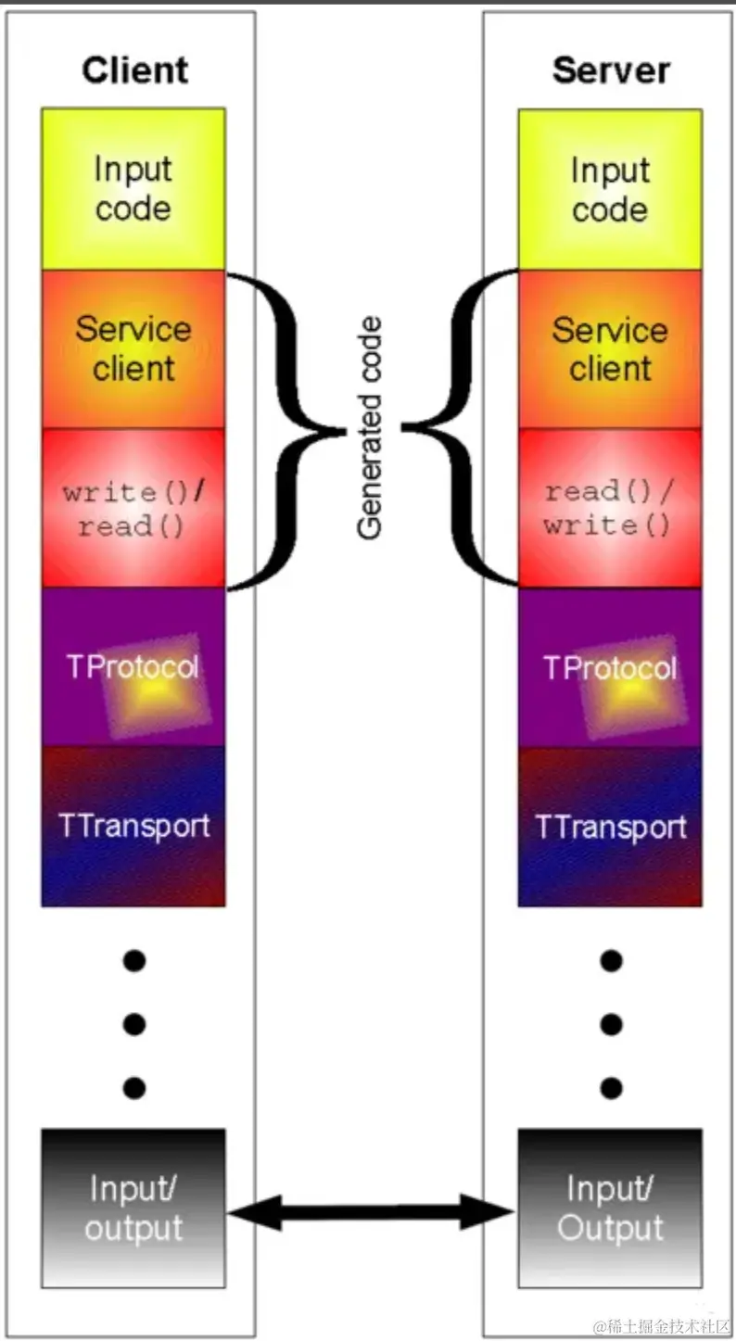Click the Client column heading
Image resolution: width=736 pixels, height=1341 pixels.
click(134, 70)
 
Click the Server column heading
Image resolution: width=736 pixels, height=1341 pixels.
click(611, 71)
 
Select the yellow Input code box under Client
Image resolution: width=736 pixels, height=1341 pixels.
click(133, 189)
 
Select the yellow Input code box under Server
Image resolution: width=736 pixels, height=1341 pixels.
click(610, 189)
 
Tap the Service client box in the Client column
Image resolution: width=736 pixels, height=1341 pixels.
click(133, 348)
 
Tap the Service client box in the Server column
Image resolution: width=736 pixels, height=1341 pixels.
click(610, 348)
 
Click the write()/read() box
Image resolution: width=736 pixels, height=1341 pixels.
click(133, 508)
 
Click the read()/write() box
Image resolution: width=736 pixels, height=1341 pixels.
click(610, 508)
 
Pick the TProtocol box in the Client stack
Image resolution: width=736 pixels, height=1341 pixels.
click(133, 667)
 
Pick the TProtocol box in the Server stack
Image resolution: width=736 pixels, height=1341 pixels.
click(610, 667)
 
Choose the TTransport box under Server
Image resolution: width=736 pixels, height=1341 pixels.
click(610, 827)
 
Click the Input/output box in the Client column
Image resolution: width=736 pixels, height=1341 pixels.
click(133, 1207)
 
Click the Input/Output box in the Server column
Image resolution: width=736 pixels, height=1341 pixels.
click(610, 1207)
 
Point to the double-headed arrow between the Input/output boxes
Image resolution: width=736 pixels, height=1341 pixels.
click(371, 1211)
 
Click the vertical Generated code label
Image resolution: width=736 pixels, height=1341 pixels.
click(371, 428)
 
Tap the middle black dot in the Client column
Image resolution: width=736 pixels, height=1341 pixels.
click(134, 1024)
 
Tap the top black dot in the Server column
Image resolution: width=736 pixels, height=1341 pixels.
click(611, 961)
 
